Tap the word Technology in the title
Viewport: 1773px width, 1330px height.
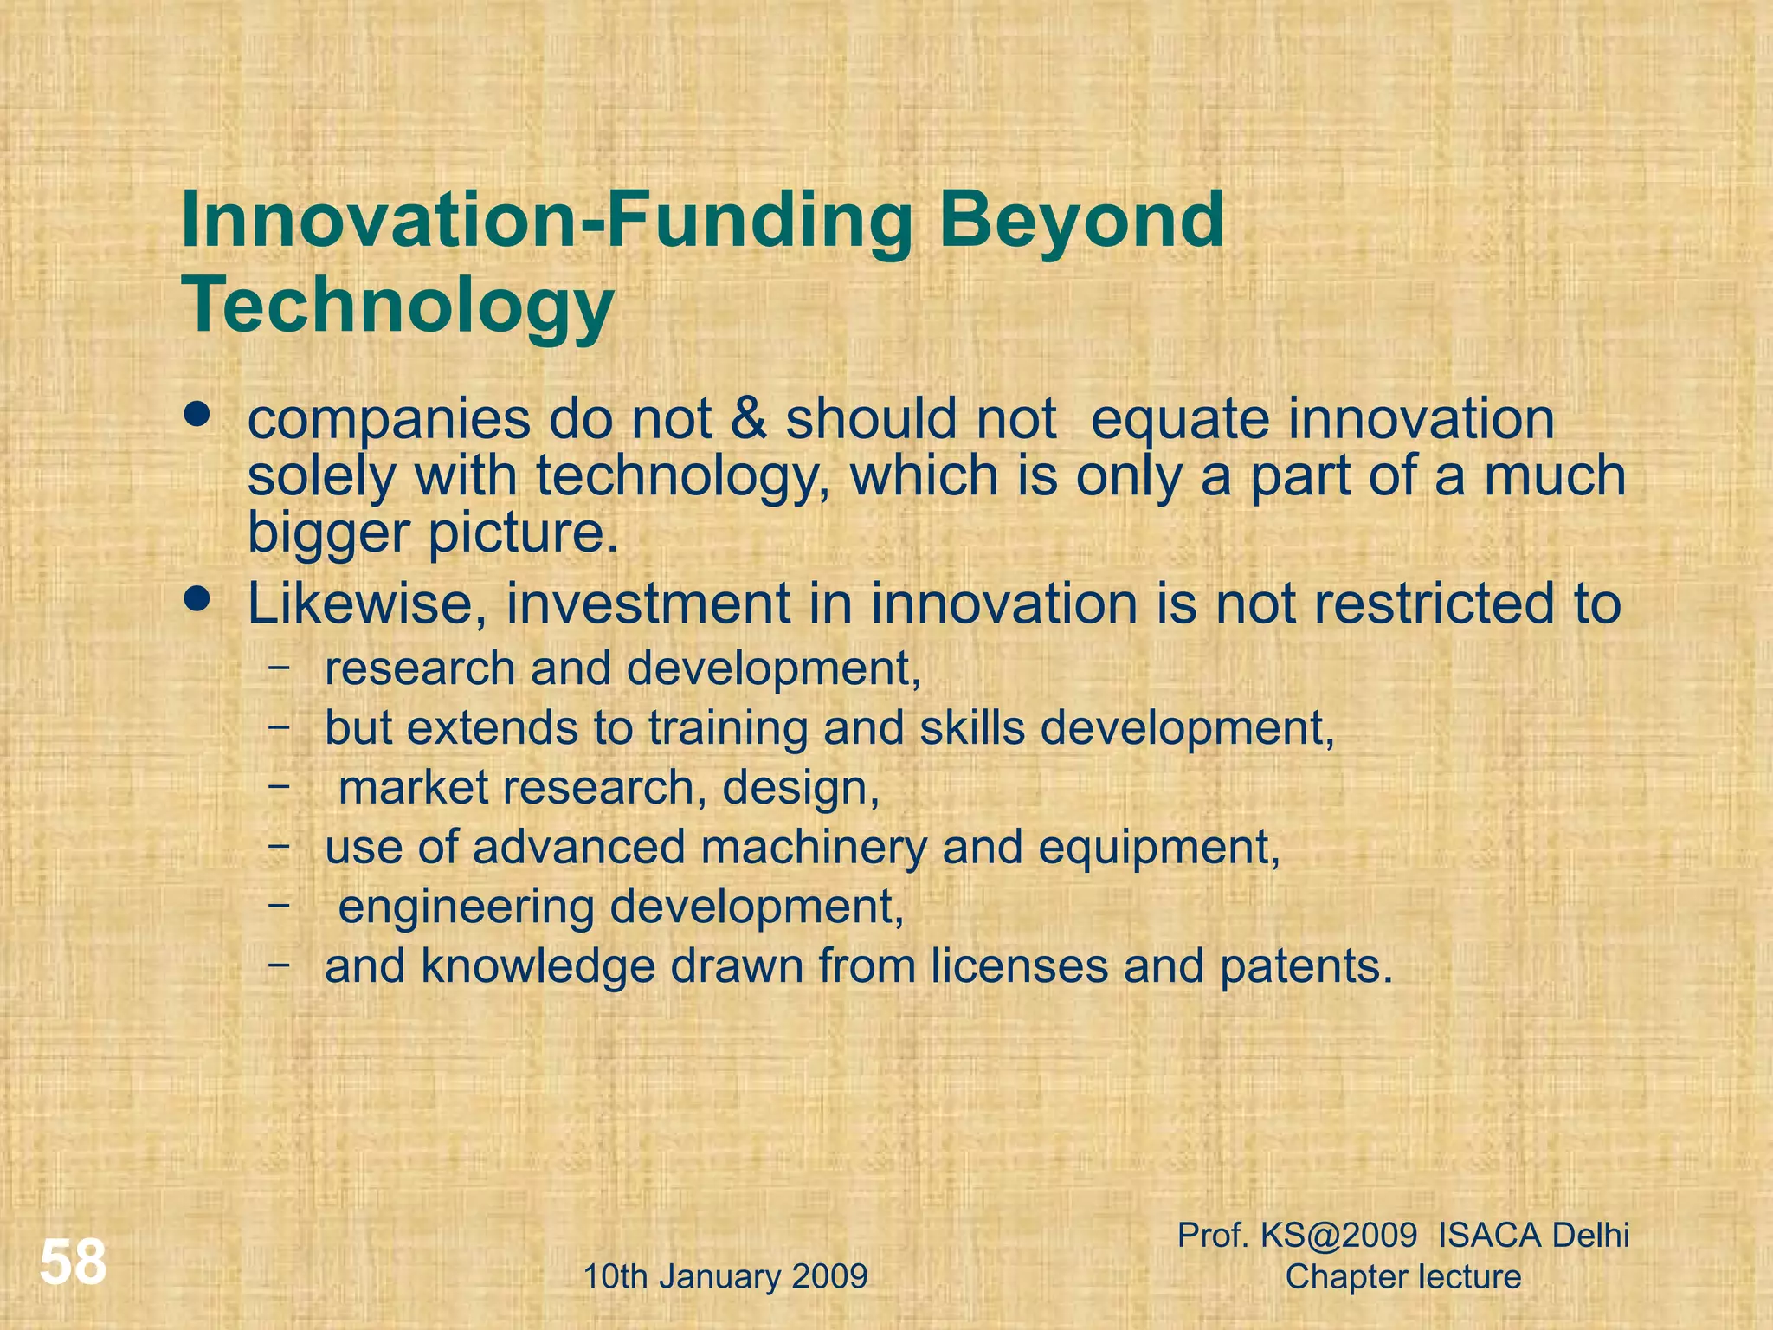coord(397,305)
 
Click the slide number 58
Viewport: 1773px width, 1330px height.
coord(74,1262)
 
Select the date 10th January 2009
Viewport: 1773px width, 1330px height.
coord(725,1276)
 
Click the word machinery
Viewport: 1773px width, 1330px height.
coord(814,847)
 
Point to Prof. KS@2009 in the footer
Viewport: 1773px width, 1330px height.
coord(1297,1236)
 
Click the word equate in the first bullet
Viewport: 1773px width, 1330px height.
coord(1181,421)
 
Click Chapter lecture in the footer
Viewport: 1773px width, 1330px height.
coord(1403,1276)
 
